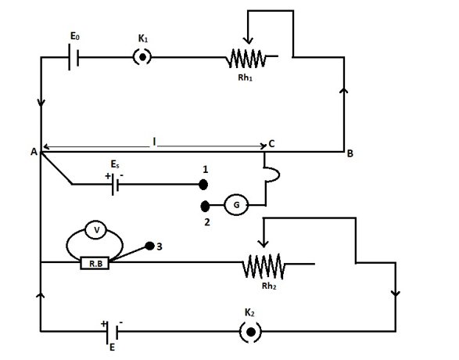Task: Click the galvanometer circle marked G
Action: [236, 205]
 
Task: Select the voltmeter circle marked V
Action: [96, 230]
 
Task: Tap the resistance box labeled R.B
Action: [95, 263]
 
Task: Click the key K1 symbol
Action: [142, 57]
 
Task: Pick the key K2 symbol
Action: [250, 332]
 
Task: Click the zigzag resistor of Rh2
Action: [264, 266]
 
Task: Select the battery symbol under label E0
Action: [74, 57]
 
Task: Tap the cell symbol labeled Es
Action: [115, 184]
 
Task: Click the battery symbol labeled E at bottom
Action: [112, 332]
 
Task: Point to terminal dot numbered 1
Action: [203, 185]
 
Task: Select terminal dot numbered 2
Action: [205, 206]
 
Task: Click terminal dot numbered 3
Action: [149, 246]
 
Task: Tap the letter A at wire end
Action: [34, 152]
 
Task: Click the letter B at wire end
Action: [350, 153]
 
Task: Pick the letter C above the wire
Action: [271, 144]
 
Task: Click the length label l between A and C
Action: [154, 142]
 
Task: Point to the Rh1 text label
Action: [245, 77]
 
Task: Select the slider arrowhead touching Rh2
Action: [264, 243]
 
